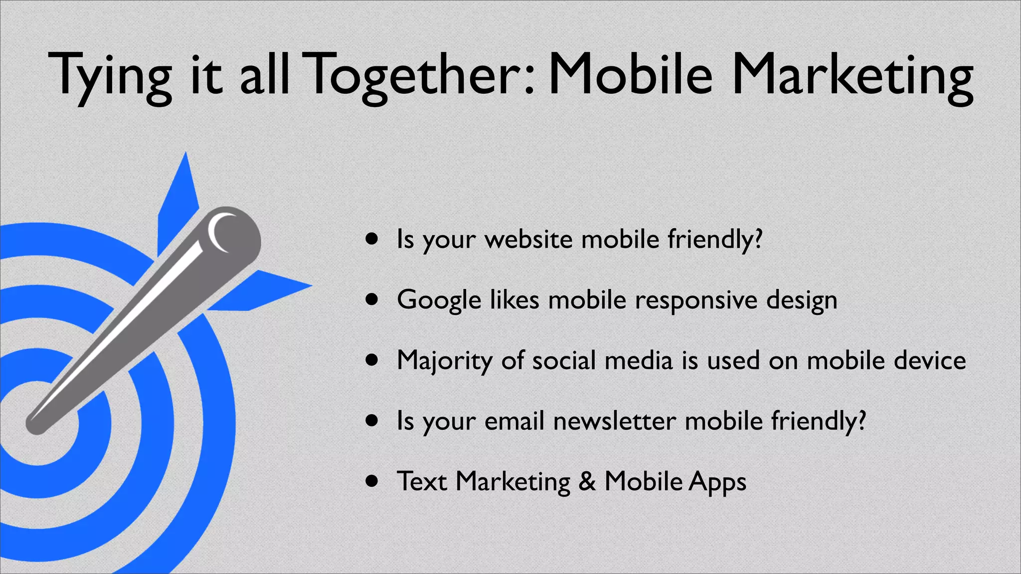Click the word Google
pos(439,300)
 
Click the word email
pos(514,421)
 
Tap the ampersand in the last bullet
pos(587,481)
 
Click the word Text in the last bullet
pos(422,481)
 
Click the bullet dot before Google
pos(371,299)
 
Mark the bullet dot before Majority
pos(371,360)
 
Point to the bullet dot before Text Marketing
pos(371,481)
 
